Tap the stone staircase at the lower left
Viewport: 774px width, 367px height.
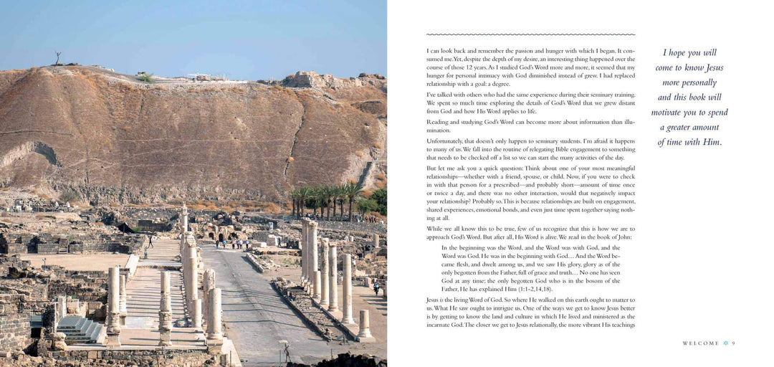click(80, 329)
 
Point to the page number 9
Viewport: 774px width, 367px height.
click(733, 343)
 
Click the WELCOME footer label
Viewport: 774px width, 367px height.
click(700, 343)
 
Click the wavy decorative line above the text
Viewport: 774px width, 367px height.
click(530, 34)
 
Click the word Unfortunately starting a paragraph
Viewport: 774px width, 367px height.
click(446, 141)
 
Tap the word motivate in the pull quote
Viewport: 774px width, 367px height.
click(675, 113)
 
